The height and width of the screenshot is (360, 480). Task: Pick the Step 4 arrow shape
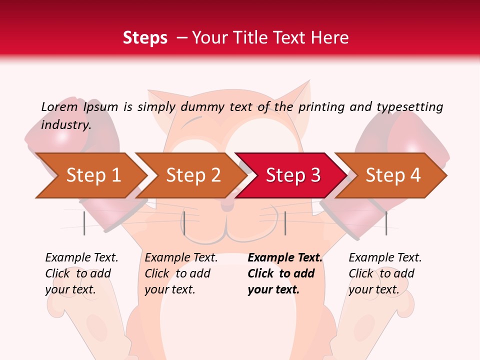392,175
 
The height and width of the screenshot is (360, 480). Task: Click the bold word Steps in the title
145,38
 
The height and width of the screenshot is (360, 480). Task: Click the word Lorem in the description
59,106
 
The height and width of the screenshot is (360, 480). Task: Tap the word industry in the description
65,124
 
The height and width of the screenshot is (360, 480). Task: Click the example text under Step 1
81,273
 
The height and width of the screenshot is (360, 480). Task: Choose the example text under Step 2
181,273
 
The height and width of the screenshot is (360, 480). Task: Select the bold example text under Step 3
285,273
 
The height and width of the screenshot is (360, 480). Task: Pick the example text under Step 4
385,273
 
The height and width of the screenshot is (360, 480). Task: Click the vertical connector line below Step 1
84,223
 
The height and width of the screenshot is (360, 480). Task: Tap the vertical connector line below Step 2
184,223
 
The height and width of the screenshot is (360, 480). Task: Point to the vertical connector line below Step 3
285,223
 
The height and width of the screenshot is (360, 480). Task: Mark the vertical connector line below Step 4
386,223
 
